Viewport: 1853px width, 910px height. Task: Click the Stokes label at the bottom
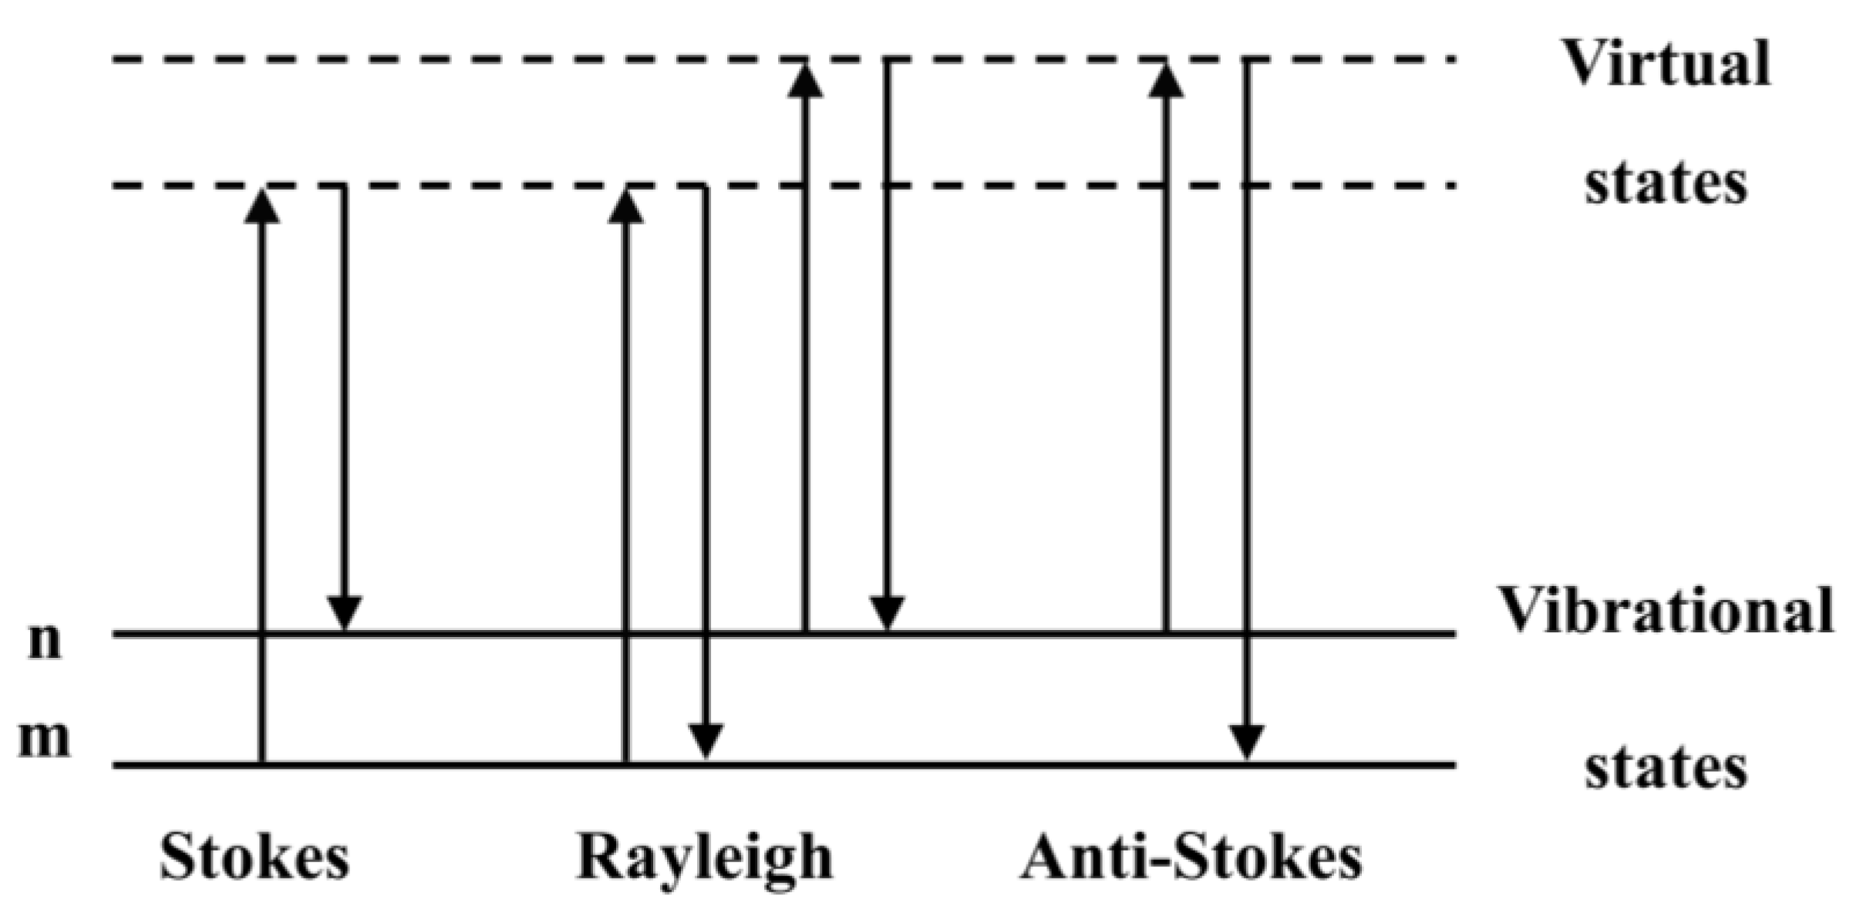[254, 857]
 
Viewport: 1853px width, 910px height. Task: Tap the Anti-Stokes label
[1191, 857]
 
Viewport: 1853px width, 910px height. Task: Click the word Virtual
[1666, 64]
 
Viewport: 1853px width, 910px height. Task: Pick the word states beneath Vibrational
[1666, 768]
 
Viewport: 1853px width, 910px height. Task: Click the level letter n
[44, 640]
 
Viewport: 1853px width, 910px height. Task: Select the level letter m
[44, 739]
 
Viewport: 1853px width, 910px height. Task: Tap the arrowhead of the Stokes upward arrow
[262, 207]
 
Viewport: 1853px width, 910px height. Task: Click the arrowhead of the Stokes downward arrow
[344, 612]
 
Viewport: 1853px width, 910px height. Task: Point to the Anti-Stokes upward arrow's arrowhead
[1166, 80]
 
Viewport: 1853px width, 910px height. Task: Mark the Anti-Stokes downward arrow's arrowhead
[1247, 742]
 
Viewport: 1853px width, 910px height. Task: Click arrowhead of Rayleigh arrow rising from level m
[625, 207]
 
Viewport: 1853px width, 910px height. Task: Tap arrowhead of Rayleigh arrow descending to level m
[706, 742]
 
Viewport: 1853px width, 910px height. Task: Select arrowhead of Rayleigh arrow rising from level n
[805, 80]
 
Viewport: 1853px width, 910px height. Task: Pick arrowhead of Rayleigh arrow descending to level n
[887, 612]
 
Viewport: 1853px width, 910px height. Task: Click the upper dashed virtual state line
[463, 59]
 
